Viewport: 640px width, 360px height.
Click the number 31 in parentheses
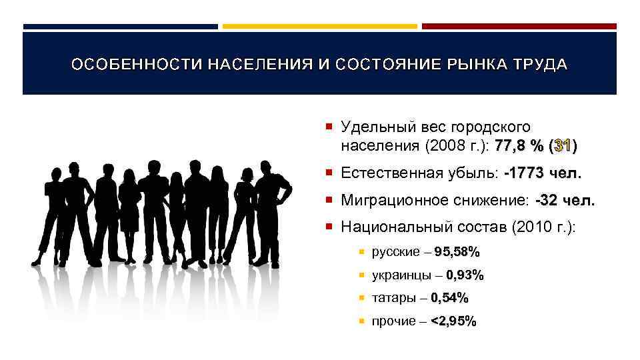point(562,145)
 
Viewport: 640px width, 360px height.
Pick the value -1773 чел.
point(543,174)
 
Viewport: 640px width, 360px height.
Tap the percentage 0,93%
point(465,275)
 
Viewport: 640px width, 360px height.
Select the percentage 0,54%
point(449,298)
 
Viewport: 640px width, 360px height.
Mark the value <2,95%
point(453,321)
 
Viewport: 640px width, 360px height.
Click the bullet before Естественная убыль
point(330,174)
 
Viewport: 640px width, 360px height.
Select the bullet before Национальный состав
point(330,227)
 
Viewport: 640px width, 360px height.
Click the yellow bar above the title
point(319,27)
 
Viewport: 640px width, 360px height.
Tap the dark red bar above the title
point(519,27)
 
